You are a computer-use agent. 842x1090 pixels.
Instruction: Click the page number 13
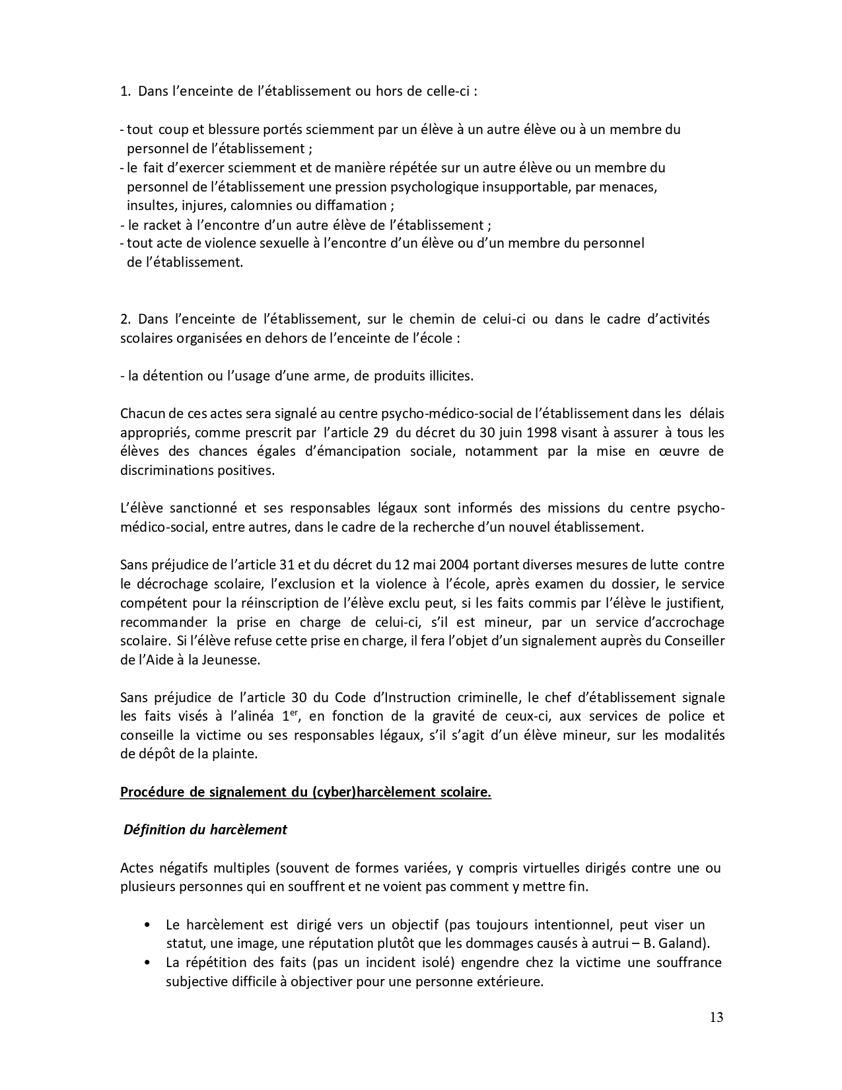[x=717, y=1017]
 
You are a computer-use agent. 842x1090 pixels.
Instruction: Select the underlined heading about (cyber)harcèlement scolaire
[x=305, y=792]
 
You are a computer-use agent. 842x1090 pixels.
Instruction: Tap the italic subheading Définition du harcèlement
[x=205, y=830]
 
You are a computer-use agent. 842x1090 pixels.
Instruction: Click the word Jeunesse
[x=230, y=659]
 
